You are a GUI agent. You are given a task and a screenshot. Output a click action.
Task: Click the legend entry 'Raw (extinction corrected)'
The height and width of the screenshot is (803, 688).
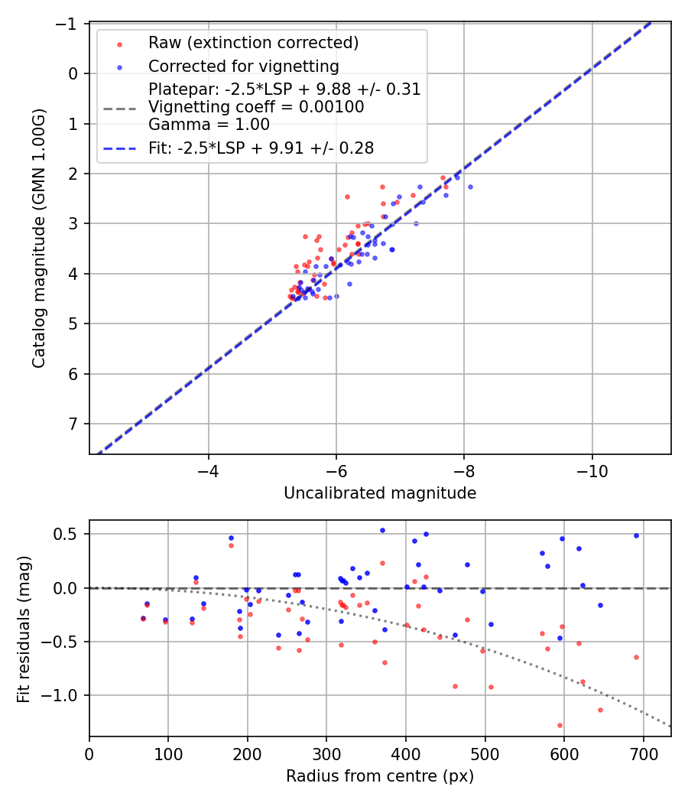(253, 41)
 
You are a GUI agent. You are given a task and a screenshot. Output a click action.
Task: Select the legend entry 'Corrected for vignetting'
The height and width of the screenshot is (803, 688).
(243, 66)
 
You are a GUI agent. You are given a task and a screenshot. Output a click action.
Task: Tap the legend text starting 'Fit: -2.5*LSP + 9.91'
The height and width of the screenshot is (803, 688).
(261, 148)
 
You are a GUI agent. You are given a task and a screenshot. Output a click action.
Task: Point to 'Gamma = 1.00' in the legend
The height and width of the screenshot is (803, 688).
(209, 125)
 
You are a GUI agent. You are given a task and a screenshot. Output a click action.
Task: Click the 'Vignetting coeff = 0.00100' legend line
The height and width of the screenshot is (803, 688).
(256, 107)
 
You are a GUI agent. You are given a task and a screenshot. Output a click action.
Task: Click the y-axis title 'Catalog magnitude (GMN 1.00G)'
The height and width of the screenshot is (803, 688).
(39, 238)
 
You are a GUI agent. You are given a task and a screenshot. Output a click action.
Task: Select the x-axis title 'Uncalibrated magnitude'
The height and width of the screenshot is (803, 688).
(380, 493)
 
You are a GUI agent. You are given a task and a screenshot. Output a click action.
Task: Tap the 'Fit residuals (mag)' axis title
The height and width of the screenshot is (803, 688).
(24, 628)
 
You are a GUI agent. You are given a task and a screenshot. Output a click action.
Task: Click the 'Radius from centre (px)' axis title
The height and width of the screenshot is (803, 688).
(380, 776)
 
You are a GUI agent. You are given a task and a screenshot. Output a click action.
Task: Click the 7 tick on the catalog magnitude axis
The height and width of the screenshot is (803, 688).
(75, 424)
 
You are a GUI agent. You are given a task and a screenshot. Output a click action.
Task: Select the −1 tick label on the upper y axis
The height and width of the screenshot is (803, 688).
(70, 24)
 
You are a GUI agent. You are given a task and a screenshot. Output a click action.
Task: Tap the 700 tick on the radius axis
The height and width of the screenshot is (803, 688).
(643, 753)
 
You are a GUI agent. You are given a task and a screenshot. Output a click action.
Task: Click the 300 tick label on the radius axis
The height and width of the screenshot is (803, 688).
(326, 753)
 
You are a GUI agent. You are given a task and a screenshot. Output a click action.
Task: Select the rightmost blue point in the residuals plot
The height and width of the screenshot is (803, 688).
(636, 535)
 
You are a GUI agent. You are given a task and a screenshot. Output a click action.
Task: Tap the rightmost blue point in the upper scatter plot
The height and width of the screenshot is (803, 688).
(470, 187)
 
